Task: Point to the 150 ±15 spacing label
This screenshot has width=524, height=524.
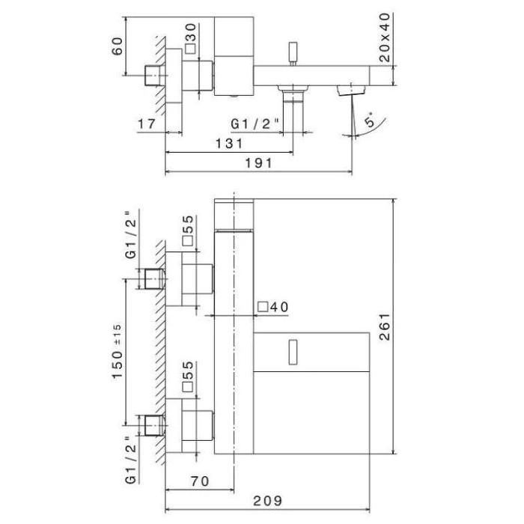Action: coord(118,352)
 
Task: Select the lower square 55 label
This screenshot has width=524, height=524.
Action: coord(189,377)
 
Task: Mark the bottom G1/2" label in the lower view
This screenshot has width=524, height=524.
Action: coord(132,456)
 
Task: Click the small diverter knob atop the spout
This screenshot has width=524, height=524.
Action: coord(293,55)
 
